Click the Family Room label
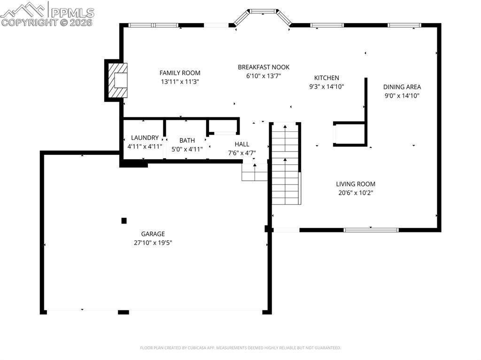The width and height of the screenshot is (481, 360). [179, 73]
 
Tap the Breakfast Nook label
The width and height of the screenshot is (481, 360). [263, 67]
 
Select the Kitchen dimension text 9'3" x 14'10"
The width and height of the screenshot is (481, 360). [326, 86]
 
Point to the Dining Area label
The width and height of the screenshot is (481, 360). [402, 87]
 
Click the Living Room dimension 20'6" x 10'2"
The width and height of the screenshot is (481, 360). [355, 192]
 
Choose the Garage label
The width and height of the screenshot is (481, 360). [153, 234]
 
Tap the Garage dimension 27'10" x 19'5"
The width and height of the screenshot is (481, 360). [153, 243]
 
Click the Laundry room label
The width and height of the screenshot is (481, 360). [145, 138]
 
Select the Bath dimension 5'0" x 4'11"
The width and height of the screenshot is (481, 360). [187, 149]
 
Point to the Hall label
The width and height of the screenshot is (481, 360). [242, 144]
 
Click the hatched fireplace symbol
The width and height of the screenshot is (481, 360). [118, 80]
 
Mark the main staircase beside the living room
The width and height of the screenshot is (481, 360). [286, 164]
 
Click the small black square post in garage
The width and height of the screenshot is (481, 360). [124, 221]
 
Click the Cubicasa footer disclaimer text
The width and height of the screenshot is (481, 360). [240, 348]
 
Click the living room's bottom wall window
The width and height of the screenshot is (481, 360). [371, 230]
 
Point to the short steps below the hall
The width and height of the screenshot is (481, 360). [254, 172]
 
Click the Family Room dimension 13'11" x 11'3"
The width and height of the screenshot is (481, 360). [179, 82]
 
